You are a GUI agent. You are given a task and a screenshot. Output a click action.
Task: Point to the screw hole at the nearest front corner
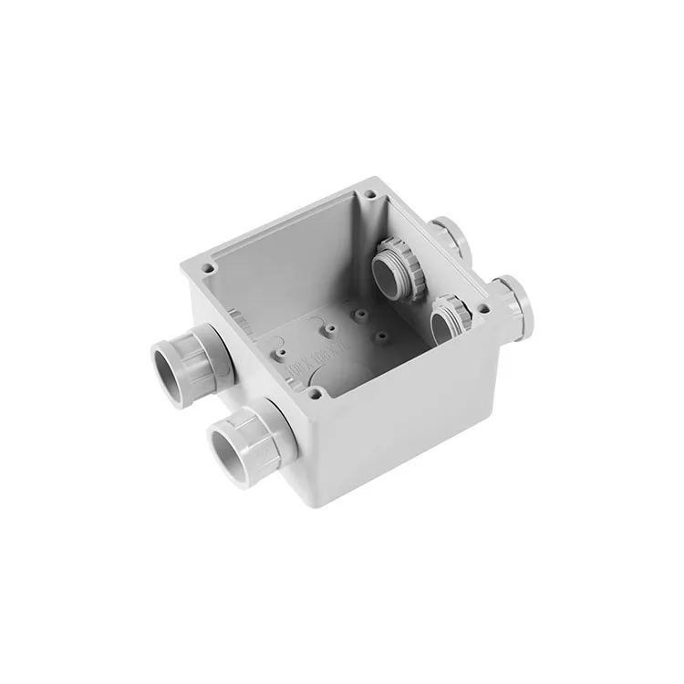(x=314, y=394)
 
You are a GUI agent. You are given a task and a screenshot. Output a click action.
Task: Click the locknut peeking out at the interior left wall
(x=235, y=321)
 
